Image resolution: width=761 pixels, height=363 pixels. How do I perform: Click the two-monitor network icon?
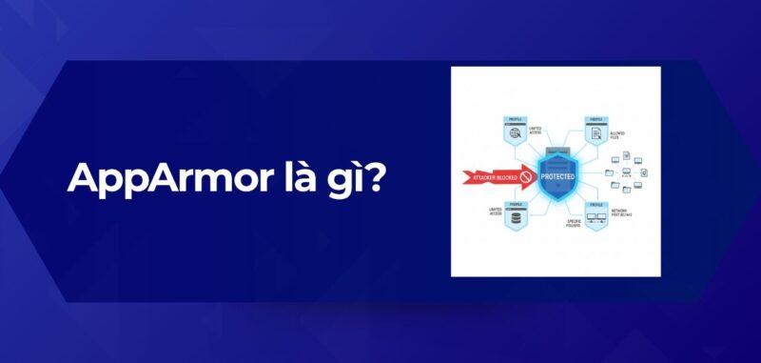tap(595, 221)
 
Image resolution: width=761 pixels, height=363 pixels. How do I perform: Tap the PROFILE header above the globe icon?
tap(516, 118)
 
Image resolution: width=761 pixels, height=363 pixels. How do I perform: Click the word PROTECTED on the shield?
tap(557, 177)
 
